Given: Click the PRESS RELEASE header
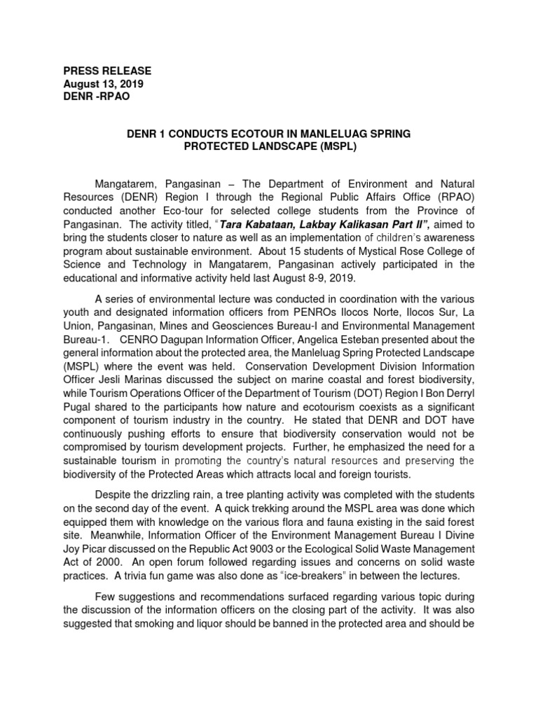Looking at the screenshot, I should click(107, 71).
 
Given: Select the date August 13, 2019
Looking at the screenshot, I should click(104, 84).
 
